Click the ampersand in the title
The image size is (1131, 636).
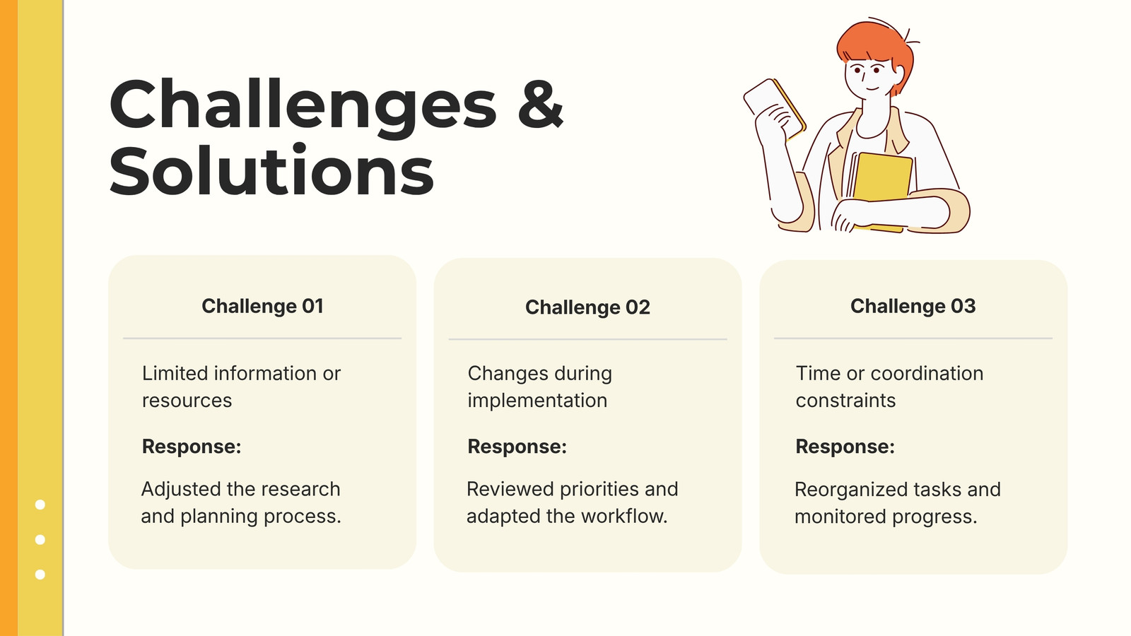pos(540,104)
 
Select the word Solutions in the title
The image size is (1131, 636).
pos(271,169)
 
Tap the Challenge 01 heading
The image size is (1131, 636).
pos(262,306)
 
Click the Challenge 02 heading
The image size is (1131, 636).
pos(587,307)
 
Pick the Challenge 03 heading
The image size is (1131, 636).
pos(913,306)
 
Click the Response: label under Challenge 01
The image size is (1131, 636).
pos(192,446)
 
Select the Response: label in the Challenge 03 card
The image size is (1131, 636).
pos(845,446)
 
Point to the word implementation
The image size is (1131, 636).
pos(537,400)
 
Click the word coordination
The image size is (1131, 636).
pos(927,374)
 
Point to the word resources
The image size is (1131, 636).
pos(187,401)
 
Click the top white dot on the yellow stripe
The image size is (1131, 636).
pos(40,505)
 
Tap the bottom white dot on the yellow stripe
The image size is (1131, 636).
pos(40,575)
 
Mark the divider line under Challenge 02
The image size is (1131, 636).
pos(587,339)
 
